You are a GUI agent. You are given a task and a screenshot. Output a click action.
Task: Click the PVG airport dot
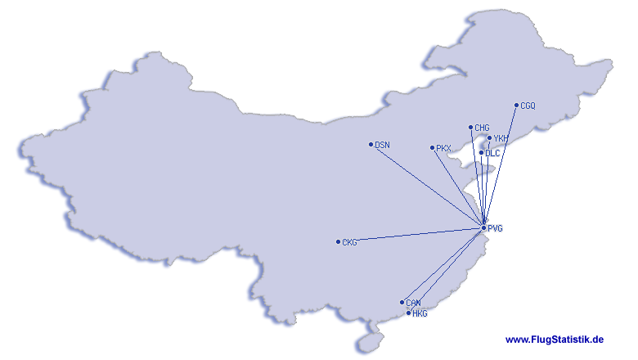483,227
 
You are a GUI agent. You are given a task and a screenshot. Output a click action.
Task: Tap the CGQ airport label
528,106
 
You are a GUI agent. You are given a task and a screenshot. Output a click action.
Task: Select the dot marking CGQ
516,105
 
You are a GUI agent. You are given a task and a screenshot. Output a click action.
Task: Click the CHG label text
482,128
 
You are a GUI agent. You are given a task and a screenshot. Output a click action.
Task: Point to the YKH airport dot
489,138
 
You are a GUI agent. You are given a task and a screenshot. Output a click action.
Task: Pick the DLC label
492,153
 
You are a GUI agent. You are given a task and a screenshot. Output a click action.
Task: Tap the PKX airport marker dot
432,147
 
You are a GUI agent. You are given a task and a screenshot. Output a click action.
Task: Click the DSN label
383,145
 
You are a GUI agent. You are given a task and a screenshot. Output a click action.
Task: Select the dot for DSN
371,144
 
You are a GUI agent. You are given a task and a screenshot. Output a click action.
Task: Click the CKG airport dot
338,241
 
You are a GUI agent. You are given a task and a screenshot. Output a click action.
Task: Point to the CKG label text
349,242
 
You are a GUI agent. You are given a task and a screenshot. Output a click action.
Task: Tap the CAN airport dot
402,302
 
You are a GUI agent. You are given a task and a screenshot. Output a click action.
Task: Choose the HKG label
420,313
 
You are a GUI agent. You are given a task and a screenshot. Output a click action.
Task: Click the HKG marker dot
408,313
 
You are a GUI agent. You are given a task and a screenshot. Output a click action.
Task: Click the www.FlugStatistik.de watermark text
555,340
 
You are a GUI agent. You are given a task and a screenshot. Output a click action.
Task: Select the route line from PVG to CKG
411,235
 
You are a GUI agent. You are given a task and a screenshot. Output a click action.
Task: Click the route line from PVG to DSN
427,186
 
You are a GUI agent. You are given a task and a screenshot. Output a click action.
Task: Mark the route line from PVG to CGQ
500,166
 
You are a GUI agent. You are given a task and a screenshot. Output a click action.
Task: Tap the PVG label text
495,228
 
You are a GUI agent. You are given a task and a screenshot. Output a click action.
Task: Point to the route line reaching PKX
458,188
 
